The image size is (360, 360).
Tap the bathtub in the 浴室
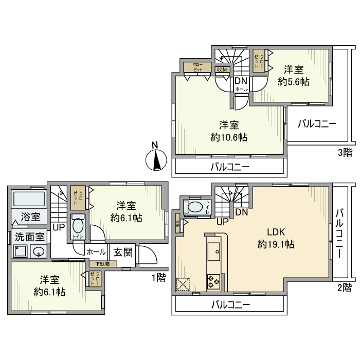point(29,200)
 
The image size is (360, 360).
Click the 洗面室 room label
point(30,238)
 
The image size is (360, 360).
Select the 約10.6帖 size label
point(229,137)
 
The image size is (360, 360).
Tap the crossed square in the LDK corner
point(183,284)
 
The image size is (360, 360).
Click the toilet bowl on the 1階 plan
point(78,226)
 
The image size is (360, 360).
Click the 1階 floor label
point(158,277)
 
